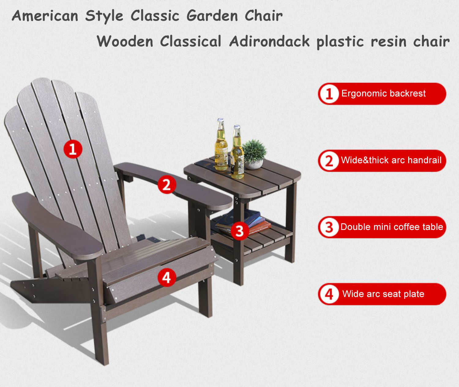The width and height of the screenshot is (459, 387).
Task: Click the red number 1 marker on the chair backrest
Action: pos(73,149)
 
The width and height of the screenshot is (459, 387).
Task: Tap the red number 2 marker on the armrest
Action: pos(167,184)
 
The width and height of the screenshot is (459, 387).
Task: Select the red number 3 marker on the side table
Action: pos(240,231)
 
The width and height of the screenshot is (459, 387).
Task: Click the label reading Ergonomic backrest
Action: pos(383,93)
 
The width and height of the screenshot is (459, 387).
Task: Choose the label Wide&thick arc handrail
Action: pos(391,160)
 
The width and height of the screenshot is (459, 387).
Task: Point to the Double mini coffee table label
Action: pos(391,227)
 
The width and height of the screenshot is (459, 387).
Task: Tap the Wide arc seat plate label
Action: pos(383,294)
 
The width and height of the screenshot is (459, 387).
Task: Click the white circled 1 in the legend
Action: pos(329,94)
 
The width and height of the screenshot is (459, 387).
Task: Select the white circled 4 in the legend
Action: pos(329,294)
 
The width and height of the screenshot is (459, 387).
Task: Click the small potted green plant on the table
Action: pos(254,154)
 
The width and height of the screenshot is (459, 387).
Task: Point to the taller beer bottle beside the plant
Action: pos(237,152)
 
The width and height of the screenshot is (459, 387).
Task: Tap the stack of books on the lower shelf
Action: pos(243,222)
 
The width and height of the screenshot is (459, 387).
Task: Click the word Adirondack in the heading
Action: pos(269,41)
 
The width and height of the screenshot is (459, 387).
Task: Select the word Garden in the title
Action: pos(212,16)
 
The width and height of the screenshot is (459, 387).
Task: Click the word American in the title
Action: pos(45,16)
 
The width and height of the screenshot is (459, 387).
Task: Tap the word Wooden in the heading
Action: pos(125,41)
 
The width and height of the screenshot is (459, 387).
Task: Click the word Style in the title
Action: pos(104,17)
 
